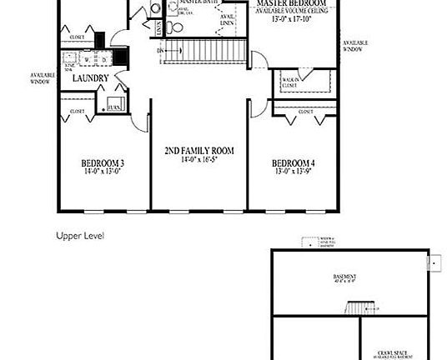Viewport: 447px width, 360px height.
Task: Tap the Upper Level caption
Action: (x=79, y=236)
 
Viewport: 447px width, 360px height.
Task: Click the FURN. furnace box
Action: (x=112, y=107)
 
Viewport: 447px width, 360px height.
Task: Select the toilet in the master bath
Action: (x=172, y=27)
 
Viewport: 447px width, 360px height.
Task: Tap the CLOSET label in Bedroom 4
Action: (x=304, y=110)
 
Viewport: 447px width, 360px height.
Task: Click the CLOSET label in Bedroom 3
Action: (x=77, y=111)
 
